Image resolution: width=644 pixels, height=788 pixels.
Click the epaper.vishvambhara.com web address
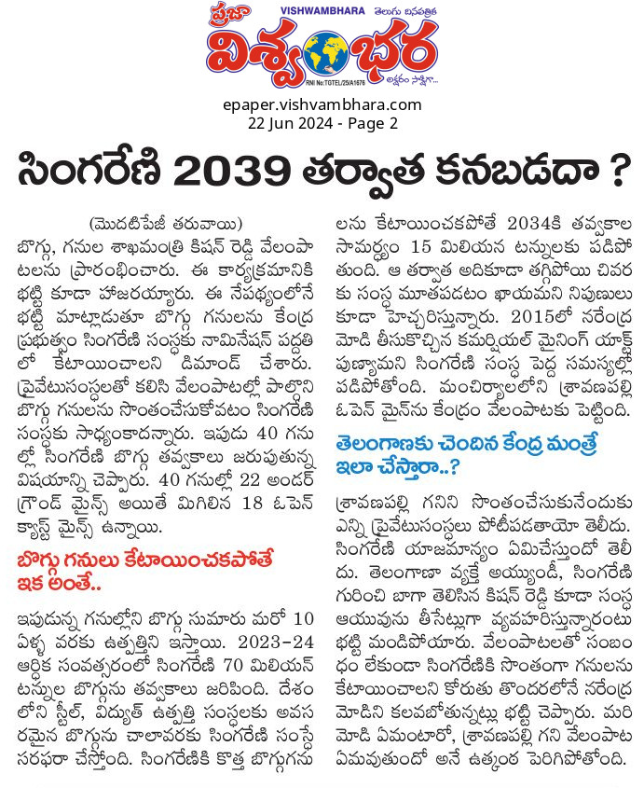point(322,104)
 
